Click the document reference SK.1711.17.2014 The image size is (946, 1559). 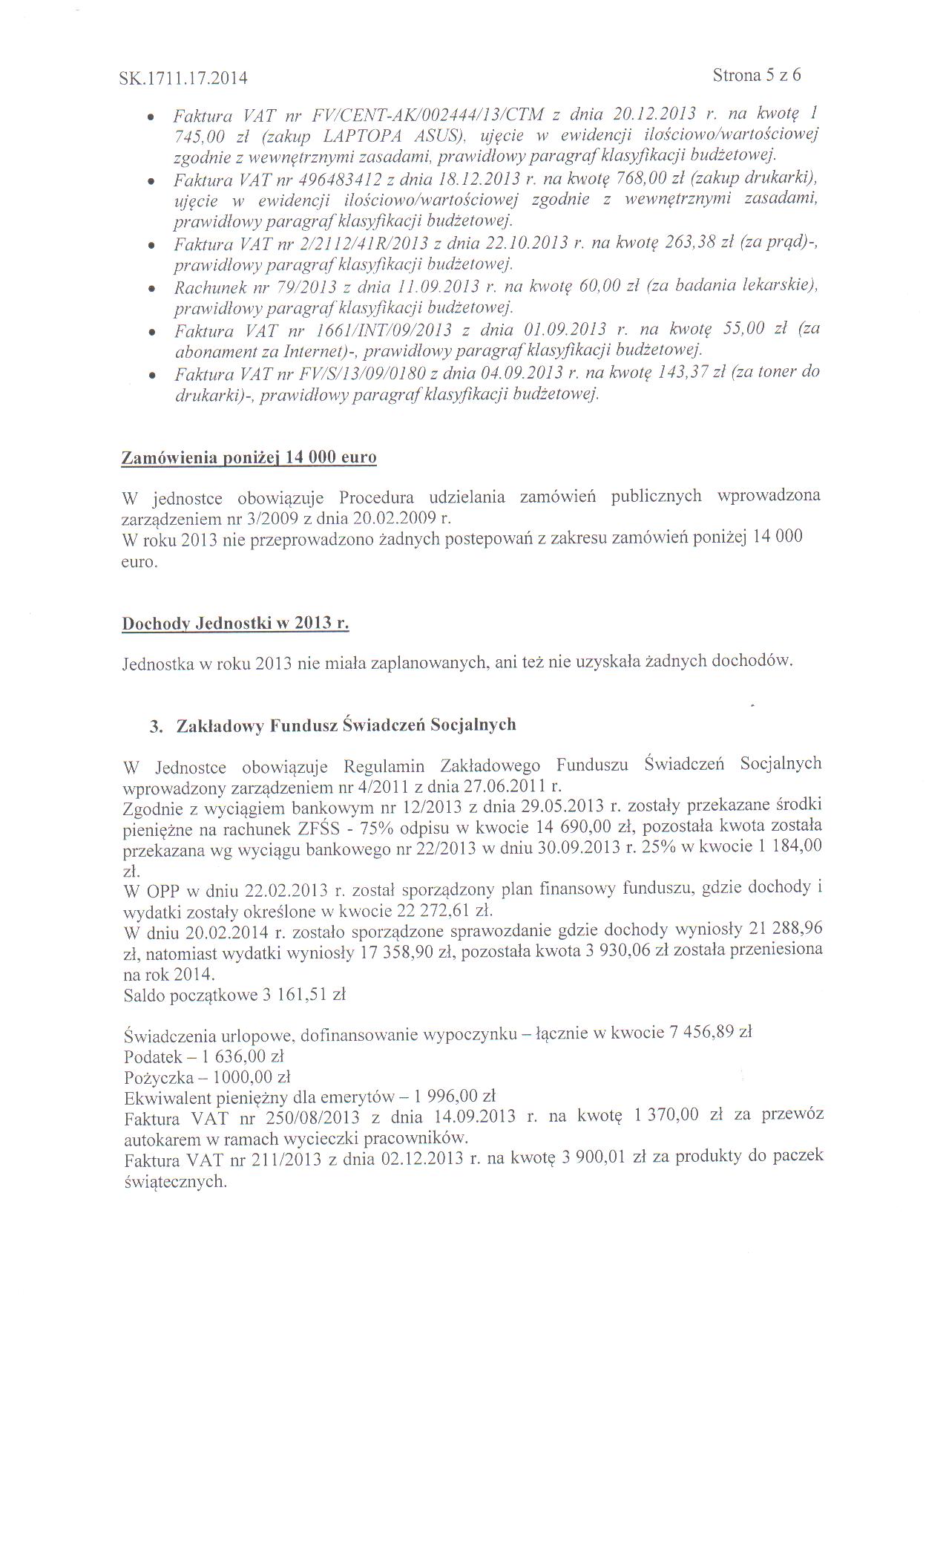(x=183, y=78)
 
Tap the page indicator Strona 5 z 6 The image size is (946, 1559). (x=756, y=75)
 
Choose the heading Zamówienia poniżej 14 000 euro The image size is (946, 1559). (x=249, y=457)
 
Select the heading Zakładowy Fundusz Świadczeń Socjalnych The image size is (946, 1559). (x=346, y=725)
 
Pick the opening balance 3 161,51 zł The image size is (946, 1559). (x=304, y=995)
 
